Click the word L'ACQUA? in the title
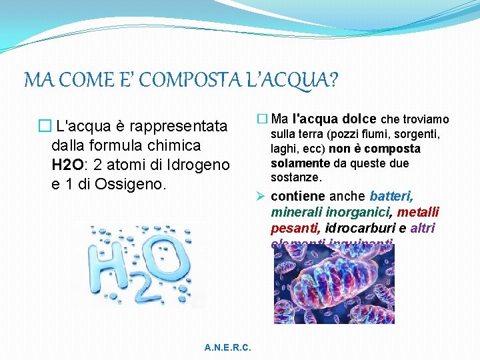tap(292, 81)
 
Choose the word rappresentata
tap(178, 125)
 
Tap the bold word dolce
tap(359, 119)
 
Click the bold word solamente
tap(300, 163)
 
